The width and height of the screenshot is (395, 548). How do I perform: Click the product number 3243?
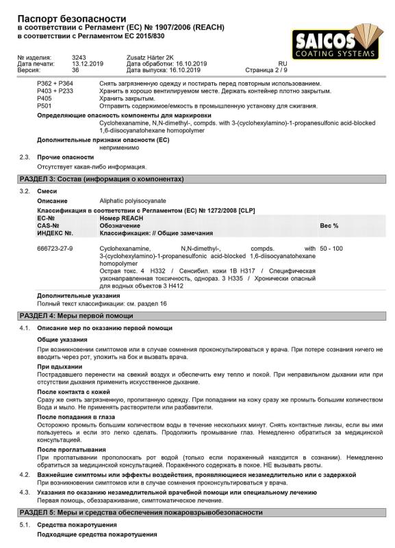click(x=79, y=58)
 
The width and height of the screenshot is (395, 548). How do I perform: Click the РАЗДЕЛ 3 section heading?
click(x=101, y=179)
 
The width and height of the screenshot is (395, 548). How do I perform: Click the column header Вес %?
click(x=329, y=225)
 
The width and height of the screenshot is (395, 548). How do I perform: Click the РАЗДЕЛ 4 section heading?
click(x=76, y=315)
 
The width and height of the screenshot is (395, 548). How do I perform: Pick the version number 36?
click(x=75, y=70)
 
